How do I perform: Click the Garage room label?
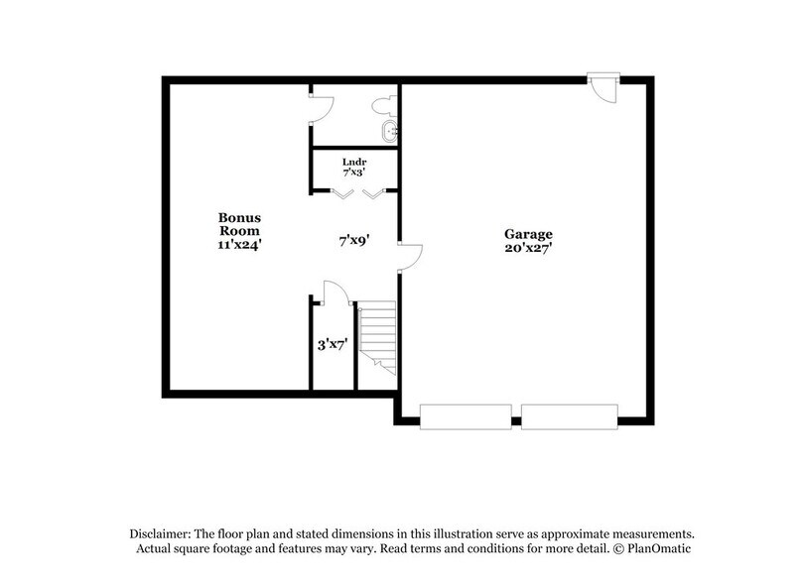(x=527, y=234)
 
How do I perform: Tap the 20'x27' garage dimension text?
(x=527, y=249)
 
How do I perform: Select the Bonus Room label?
(x=239, y=223)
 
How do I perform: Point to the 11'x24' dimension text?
(x=239, y=244)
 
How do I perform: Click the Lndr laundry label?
(x=354, y=161)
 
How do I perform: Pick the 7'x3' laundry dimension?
(x=354, y=172)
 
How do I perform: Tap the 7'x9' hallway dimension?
(x=354, y=240)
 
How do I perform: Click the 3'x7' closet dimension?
(x=332, y=345)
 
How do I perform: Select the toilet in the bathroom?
(x=383, y=104)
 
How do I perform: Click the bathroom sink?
(x=390, y=131)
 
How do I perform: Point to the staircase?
(x=377, y=337)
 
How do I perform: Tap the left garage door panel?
(x=466, y=416)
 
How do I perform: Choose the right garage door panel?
(x=569, y=416)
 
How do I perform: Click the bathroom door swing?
(x=320, y=107)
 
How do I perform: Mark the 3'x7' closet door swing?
(x=333, y=292)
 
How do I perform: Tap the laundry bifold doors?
(x=356, y=193)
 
